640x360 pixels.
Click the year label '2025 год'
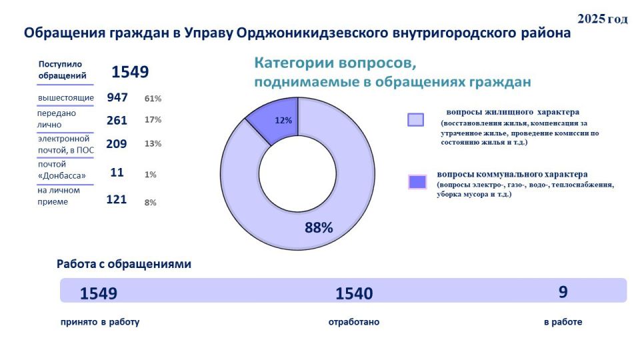[602, 19]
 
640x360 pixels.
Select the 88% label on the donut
[319, 227]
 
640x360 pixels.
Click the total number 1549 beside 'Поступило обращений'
[130, 72]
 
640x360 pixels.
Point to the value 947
[117, 97]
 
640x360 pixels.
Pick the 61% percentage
[153, 99]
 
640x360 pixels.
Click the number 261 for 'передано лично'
[117, 120]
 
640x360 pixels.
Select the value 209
[117, 143]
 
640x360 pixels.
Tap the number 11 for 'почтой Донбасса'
[117, 173]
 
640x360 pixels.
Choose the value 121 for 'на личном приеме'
[117, 199]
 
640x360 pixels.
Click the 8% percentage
[150, 202]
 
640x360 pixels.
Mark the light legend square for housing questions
[415, 119]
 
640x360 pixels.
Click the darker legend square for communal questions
[417, 181]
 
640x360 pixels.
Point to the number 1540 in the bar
[354, 293]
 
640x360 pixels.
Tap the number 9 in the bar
[563, 292]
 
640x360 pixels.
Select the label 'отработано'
[354, 322]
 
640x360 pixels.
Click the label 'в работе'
[563, 322]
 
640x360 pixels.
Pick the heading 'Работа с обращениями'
[124, 264]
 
